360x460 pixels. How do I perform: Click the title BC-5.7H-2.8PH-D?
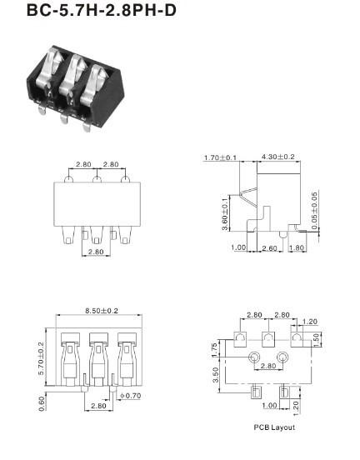[x=102, y=10]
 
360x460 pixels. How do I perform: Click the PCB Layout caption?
[x=274, y=427]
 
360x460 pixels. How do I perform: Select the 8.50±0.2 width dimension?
[x=102, y=310]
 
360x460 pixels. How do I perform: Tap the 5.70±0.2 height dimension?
[x=41, y=358]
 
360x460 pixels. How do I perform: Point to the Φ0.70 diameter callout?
[x=130, y=396]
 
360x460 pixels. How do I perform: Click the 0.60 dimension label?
[x=42, y=403]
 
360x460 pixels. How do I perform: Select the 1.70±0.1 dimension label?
[x=220, y=157]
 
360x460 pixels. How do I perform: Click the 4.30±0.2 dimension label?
[x=277, y=157]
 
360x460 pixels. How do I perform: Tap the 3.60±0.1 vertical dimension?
[x=225, y=214]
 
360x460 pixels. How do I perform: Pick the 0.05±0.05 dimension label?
[x=314, y=211]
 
